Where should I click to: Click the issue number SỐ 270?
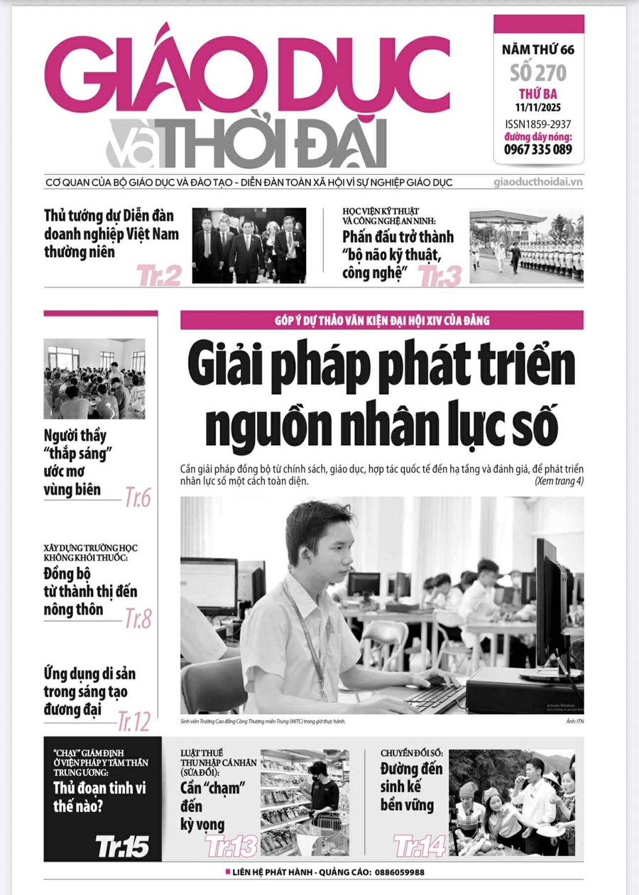tap(538, 72)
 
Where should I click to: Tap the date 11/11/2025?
tap(538, 107)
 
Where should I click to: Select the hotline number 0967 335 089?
tap(538, 149)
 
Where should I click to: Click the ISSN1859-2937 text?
tap(538, 123)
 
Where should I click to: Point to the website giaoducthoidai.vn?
tap(537, 182)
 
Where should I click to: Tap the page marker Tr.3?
tap(440, 275)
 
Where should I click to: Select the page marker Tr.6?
tap(138, 498)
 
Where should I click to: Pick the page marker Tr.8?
tap(138, 618)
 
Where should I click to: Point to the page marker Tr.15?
tap(122, 845)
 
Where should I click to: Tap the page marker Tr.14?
tap(420, 845)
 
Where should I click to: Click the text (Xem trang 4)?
tap(559, 481)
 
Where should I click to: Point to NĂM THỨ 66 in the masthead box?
tap(538, 50)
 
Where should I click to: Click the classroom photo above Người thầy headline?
tap(94, 378)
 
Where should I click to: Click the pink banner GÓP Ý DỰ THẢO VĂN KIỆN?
tap(382, 320)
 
